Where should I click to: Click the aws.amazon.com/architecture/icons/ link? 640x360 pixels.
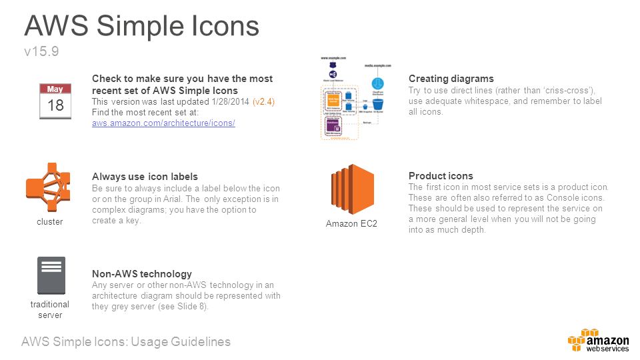[163, 124]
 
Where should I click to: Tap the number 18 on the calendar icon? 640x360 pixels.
[55, 105]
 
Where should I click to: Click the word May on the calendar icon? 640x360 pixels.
[55, 89]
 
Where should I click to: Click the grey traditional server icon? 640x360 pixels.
[51, 275]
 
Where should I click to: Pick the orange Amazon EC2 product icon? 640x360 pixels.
[351, 189]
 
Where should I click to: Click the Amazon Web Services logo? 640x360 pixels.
[598, 340]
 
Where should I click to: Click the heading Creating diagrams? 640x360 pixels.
[451, 79]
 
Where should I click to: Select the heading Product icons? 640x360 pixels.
[441, 176]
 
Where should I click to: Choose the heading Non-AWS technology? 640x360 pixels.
[142, 274]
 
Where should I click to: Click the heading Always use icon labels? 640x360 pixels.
[145, 177]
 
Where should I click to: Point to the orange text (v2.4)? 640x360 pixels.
[264, 101]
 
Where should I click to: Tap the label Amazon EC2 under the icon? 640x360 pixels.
[351, 224]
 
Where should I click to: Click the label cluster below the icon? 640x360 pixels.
[49, 222]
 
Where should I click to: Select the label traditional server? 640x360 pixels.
[50, 309]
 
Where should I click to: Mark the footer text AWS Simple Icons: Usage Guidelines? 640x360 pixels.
[126, 342]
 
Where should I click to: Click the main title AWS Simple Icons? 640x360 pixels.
[141, 25]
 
